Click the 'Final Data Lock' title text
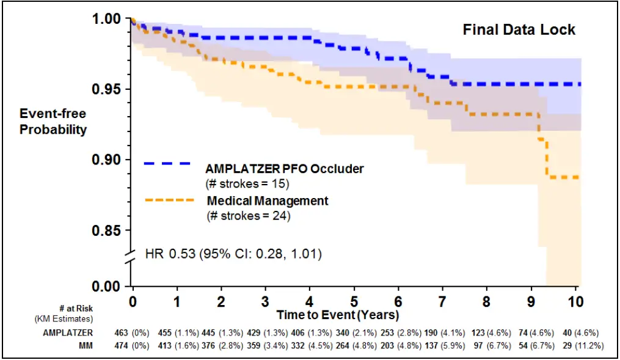(x=519, y=29)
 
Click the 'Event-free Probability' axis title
(x=53, y=121)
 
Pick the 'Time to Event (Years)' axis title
(x=337, y=315)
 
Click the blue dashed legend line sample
(x=167, y=164)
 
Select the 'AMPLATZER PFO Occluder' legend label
(x=285, y=168)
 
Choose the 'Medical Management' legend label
(x=268, y=200)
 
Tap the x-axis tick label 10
(x=575, y=301)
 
